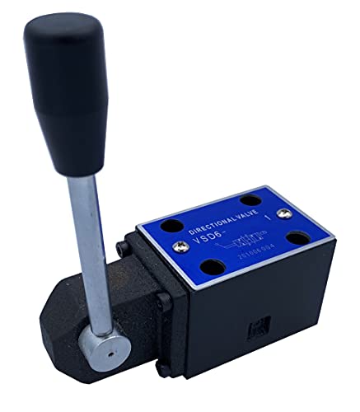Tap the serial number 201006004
pyautogui.click(x=254, y=254)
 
